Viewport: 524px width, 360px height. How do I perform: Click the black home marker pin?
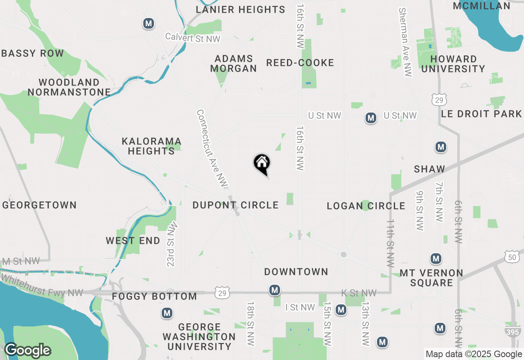262,164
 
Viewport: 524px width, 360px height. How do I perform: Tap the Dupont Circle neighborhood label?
235,205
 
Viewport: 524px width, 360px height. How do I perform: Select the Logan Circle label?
366,206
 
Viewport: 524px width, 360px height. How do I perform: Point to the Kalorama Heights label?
151,146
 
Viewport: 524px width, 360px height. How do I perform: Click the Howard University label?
453,64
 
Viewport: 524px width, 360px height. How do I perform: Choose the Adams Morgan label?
233,63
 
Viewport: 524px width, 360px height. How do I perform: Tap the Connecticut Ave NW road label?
212,149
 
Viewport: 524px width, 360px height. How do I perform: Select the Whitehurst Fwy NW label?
42,286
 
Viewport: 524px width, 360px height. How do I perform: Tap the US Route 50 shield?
512,257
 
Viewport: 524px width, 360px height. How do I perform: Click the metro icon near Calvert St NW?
149,24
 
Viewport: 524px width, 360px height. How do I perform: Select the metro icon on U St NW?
371,118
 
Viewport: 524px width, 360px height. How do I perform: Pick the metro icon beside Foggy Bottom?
167,313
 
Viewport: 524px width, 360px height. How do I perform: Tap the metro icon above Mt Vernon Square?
436,259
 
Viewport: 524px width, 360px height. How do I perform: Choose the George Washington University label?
199,337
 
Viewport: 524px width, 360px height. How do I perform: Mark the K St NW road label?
359,293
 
